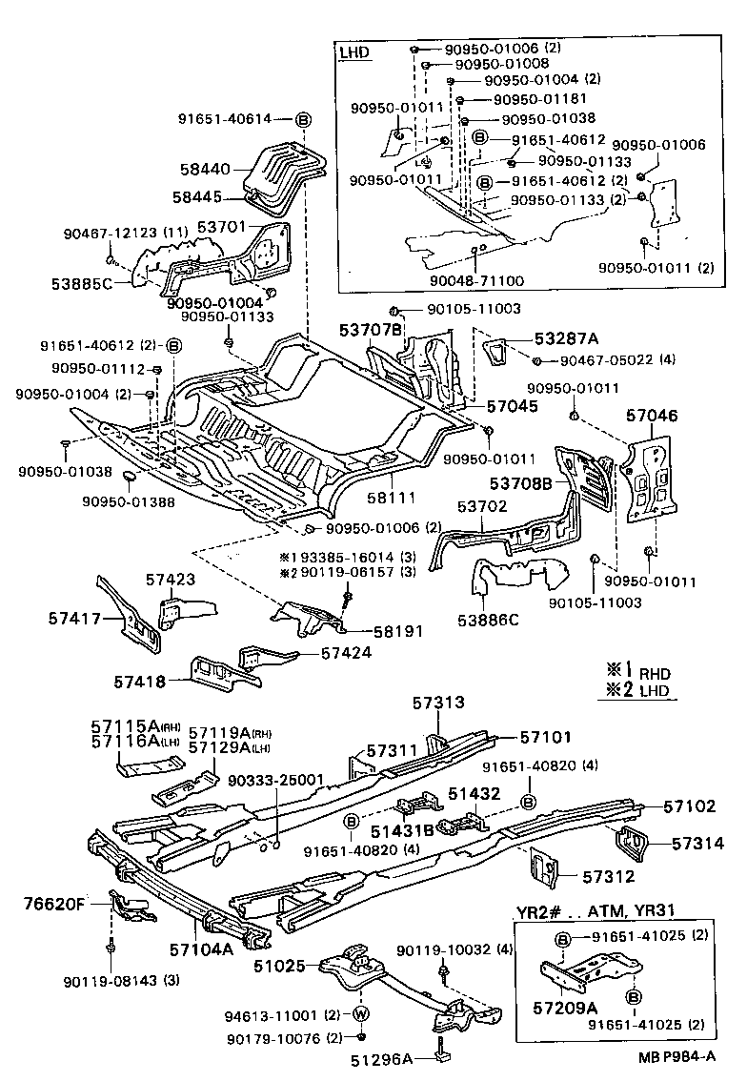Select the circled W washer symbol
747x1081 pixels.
[362, 1013]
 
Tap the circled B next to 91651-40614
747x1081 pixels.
[303, 119]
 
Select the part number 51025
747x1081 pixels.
[282, 966]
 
